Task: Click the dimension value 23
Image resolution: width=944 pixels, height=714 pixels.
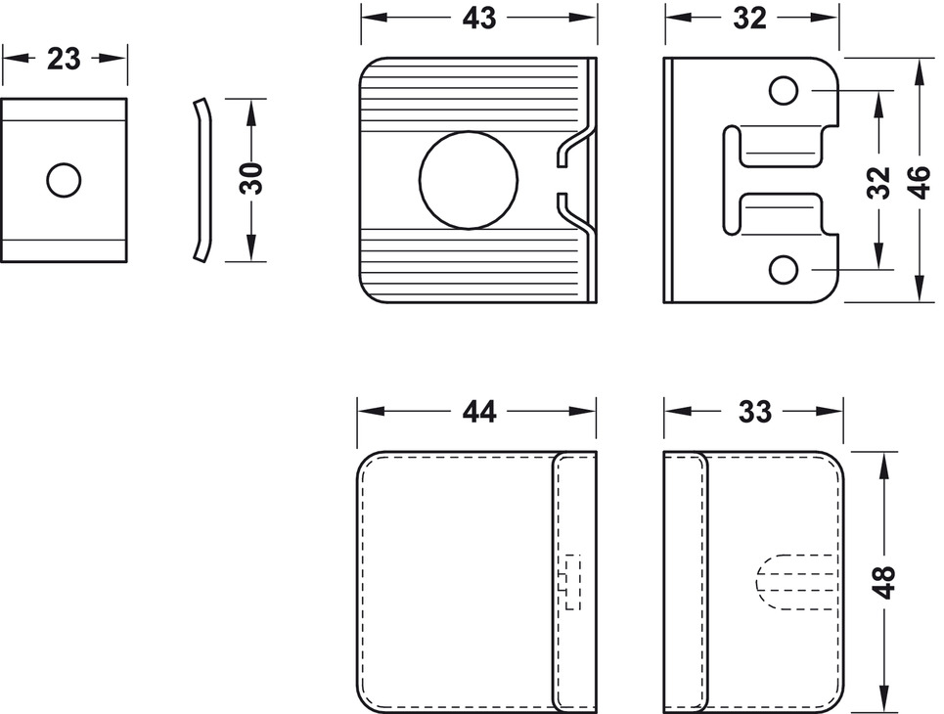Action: pyautogui.click(x=64, y=59)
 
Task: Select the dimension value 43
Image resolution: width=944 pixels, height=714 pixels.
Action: pyautogui.click(x=478, y=18)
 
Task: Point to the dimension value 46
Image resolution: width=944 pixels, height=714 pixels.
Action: pyautogui.click(x=918, y=181)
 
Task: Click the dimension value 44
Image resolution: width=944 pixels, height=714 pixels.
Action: pyautogui.click(x=478, y=412)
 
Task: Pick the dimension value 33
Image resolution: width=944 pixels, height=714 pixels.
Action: pyautogui.click(x=754, y=412)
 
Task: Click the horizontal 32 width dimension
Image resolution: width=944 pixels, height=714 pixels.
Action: pyautogui.click(x=750, y=18)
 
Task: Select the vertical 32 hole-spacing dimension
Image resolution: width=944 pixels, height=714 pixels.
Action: pyautogui.click(x=879, y=181)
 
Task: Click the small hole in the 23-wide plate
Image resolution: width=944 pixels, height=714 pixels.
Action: pyautogui.click(x=64, y=179)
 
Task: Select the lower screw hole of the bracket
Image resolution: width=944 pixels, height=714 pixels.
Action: pyautogui.click(x=783, y=268)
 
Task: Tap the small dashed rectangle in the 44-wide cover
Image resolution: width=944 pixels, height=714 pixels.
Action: pyautogui.click(x=569, y=582)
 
